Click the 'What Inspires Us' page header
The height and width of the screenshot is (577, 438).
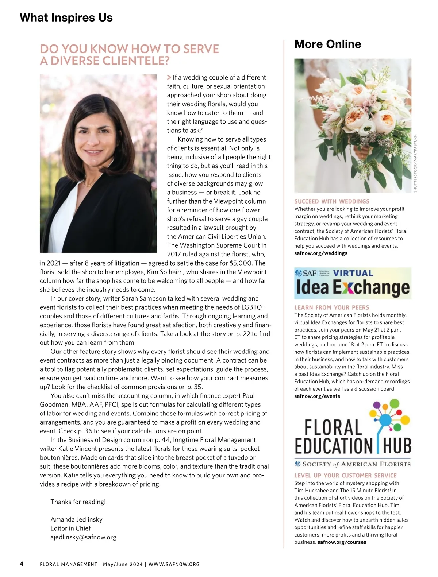pyautogui.click(x=66, y=18)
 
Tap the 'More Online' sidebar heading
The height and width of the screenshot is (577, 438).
pyautogui.click(x=327, y=44)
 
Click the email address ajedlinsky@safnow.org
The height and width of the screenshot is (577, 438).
pyautogui.click(x=83, y=537)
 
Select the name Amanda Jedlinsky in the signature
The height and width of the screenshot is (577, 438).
pyautogui.click(x=76, y=519)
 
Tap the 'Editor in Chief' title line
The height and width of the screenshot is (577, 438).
pyautogui.click(x=70, y=528)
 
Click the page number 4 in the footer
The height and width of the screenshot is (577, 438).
pyautogui.click(x=22, y=564)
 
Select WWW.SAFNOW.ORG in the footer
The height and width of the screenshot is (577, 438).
pyautogui.click(x=174, y=564)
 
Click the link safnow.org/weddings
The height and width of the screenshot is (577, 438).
pyautogui.click(x=320, y=253)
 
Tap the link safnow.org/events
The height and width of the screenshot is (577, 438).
pyautogui.click(x=317, y=396)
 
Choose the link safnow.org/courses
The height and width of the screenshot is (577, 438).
pyautogui.click(x=342, y=542)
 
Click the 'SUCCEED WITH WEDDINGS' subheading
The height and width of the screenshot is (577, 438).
pyautogui.click(x=331, y=201)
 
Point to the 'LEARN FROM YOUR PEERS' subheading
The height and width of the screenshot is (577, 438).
pyautogui.click(x=331, y=307)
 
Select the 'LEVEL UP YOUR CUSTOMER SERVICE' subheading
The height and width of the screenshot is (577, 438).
pyautogui.click(x=345, y=476)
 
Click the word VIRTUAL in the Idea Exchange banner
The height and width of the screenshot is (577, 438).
pyautogui.click(x=353, y=273)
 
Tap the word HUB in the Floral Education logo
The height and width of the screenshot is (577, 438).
pyautogui.click(x=397, y=446)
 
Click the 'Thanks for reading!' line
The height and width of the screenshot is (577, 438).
pyautogui.click(x=78, y=502)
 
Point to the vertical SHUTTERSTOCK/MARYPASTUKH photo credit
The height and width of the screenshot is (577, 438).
pyautogui.click(x=415, y=163)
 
